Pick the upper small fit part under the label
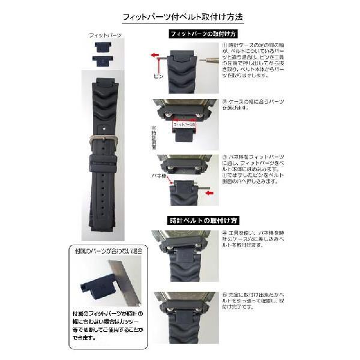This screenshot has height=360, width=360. [x=104, y=47]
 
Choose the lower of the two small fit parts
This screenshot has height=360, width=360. [x=104, y=59]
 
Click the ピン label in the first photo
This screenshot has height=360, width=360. [x=158, y=77]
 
